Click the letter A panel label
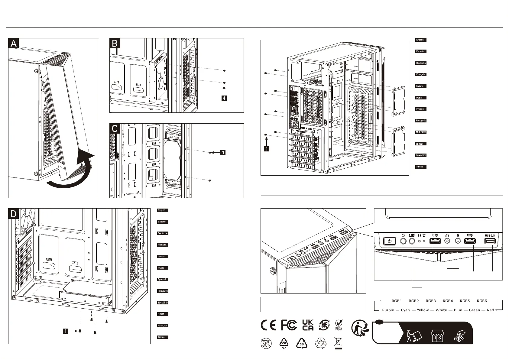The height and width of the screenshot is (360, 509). pos(14,44)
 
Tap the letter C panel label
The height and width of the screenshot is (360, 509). pos(115,129)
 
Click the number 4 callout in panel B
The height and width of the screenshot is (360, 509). pos(224,98)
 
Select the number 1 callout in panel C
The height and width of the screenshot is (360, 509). pos(223,153)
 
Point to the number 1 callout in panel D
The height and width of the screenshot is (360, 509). pos(65,331)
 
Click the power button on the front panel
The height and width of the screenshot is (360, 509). pos(390,241)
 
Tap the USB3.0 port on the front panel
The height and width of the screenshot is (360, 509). pos(490,241)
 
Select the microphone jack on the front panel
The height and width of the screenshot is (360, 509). pos(458,241)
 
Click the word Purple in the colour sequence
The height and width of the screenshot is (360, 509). pos(388,310)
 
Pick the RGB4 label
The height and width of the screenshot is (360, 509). pos(449,301)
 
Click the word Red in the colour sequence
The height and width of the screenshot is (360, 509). pos(490,310)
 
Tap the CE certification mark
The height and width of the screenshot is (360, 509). pos(268,325)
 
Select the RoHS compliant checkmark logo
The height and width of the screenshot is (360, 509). pos(339,325)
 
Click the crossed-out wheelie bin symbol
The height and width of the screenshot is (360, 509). pos(338,343)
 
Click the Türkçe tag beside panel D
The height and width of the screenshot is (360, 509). pos(163,337)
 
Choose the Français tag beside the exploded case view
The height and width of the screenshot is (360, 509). pos(421,74)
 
